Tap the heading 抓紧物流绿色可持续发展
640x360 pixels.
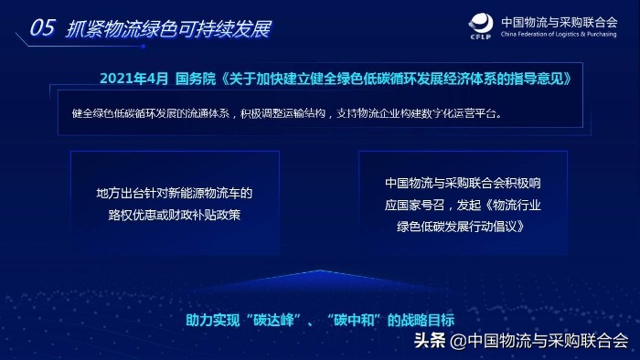pos(168,28)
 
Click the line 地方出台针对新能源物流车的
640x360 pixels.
pos(174,194)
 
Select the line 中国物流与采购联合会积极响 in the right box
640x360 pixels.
pos(464,184)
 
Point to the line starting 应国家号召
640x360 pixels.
pos(464,205)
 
